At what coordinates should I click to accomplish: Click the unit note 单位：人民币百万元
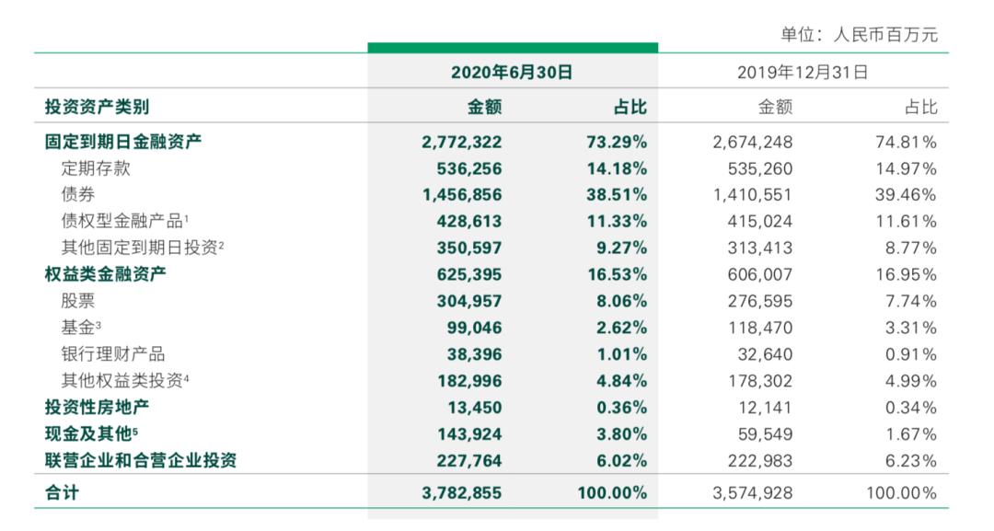(x=859, y=35)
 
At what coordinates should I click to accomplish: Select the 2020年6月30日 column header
(x=512, y=72)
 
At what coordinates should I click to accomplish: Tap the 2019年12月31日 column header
(x=803, y=72)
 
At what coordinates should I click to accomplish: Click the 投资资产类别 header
(x=97, y=107)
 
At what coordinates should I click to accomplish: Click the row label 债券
(x=78, y=195)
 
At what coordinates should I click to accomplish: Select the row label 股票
(x=78, y=301)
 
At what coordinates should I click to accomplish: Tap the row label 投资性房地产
(x=97, y=408)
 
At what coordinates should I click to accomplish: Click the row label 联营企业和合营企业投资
(x=141, y=460)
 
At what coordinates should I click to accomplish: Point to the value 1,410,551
(x=753, y=195)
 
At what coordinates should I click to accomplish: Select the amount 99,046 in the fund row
(x=476, y=328)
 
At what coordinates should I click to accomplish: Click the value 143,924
(x=470, y=434)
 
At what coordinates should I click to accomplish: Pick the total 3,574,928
(x=753, y=493)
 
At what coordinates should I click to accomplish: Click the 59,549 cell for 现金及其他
(x=767, y=434)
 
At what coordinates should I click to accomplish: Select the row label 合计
(x=62, y=493)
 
